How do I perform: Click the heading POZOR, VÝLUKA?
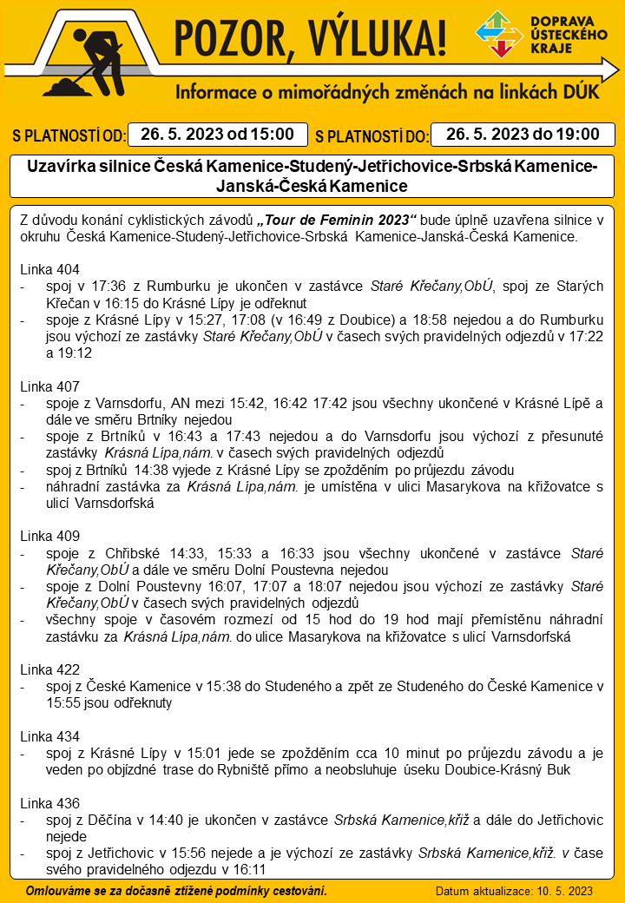click(311, 37)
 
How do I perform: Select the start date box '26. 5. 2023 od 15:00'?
click(218, 135)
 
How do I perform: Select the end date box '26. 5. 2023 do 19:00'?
click(523, 134)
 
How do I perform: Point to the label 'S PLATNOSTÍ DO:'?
click(372, 136)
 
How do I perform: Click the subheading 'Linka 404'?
click(49, 269)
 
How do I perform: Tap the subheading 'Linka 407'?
click(49, 386)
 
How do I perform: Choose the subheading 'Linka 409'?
click(49, 536)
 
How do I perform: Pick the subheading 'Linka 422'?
click(49, 669)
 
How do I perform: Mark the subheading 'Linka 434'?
click(49, 736)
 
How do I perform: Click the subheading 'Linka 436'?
click(49, 803)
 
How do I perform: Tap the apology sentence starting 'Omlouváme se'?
click(176, 891)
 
